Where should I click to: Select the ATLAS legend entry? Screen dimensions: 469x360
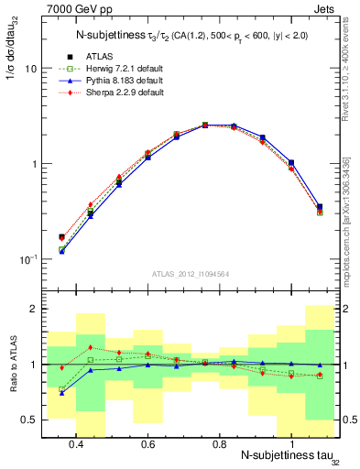(x=112, y=59)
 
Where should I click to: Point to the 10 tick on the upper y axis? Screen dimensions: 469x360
(x=29, y=69)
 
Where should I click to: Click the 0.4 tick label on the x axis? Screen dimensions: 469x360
(x=76, y=444)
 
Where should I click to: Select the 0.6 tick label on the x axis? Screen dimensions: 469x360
(x=147, y=444)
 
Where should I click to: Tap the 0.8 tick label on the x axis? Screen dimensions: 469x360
(x=219, y=444)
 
